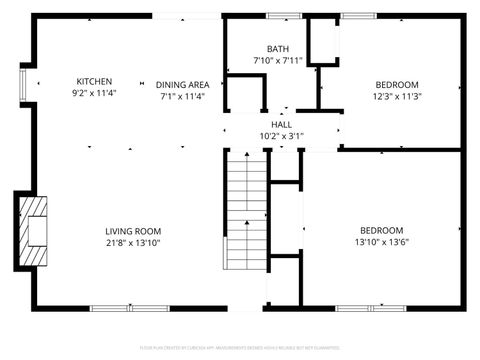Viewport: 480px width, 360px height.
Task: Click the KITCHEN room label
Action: coord(95,82)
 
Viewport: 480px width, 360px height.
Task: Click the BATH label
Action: coord(278,49)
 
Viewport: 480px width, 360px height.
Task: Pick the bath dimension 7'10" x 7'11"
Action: coord(278,62)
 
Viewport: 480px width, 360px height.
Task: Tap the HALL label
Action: coord(281,124)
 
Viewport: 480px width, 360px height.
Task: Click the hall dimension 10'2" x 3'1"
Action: coord(281,137)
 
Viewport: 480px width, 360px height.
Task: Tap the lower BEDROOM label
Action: coord(382,229)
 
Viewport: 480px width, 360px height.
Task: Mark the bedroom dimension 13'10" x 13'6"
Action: coord(382,242)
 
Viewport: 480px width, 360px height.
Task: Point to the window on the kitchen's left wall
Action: coord(25,84)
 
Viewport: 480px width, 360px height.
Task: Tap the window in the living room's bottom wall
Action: coord(122,306)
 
